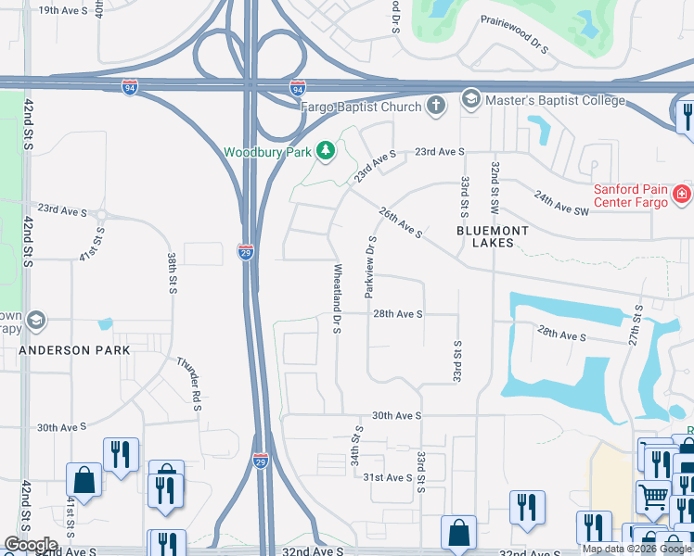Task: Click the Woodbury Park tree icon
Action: coord(325,150)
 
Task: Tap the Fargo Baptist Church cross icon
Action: coord(437,105)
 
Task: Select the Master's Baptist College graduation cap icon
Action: coord(470,99)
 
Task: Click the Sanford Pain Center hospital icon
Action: coord(681,194)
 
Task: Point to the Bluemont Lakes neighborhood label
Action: coord(493,236)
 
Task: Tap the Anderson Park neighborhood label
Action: coord(75,350)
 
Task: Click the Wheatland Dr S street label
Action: coord(338,297)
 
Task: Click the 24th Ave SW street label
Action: coord(561,203)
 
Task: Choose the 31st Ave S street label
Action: coord(387,477)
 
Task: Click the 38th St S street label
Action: coord(173,272)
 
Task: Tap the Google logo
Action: coord(31,545)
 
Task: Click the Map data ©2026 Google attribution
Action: coord(636,549)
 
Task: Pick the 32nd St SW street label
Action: coord(496,184)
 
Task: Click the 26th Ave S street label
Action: coord(401,222)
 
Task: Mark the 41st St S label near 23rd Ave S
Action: coord(92,243)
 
